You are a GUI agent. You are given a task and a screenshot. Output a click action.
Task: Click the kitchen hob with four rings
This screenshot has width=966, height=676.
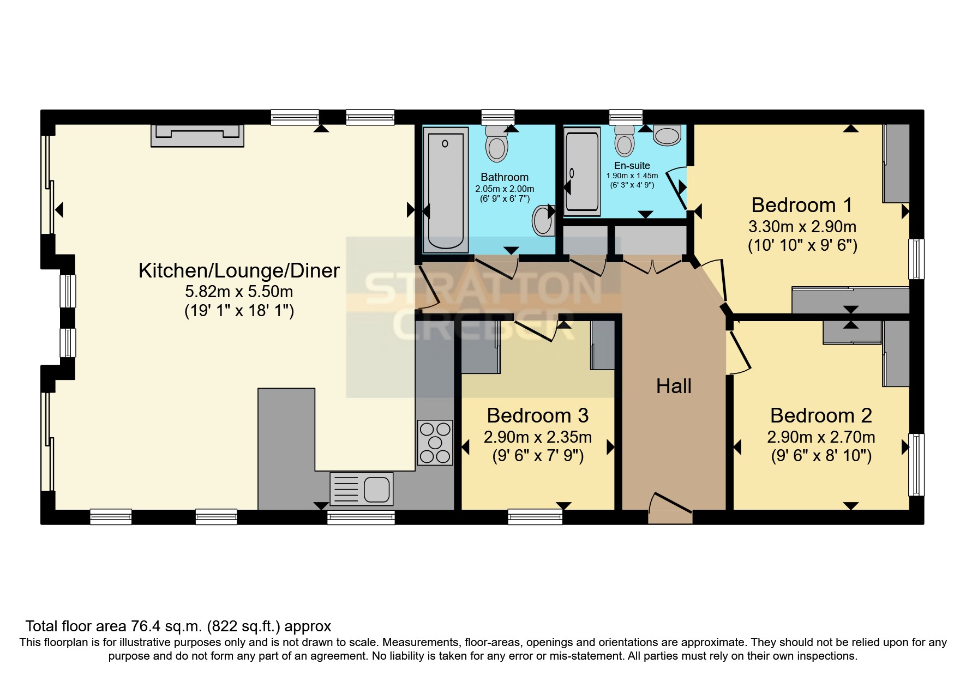click(435, 442)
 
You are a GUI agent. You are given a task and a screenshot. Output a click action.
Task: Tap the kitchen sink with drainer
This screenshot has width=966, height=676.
click(361, 488)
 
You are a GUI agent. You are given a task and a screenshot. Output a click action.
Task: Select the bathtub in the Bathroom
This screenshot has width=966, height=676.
click(446, 190)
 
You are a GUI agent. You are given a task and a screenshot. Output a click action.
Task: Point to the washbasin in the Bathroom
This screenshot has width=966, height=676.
click(543, 220)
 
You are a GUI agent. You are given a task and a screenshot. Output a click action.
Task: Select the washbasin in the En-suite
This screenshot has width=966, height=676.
click(667, 135)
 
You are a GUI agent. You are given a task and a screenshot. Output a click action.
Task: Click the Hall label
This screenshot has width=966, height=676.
click(674, 387)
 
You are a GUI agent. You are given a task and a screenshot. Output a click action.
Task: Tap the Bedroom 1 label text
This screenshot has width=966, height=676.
click(801, 206)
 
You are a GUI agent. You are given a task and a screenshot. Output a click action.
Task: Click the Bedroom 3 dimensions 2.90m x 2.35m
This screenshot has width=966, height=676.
click(537, 437)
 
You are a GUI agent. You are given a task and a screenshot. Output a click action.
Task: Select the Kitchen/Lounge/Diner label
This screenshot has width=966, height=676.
click(239, 271)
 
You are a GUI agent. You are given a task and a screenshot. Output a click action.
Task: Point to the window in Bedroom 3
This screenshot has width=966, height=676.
click(535, 516)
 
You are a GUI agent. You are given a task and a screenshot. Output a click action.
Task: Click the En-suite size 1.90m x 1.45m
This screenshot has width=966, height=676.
click(632, 176)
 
